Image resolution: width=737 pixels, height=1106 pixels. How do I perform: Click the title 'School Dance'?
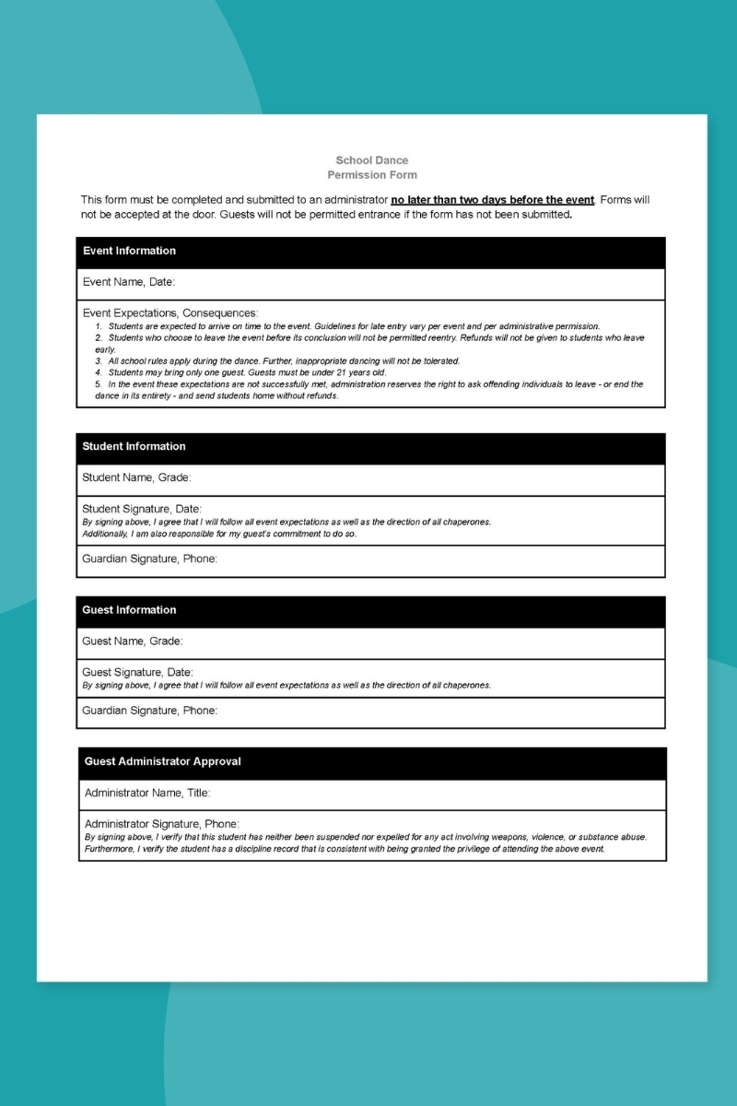point(371,160)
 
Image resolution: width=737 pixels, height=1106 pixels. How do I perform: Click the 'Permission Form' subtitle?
point(371,175)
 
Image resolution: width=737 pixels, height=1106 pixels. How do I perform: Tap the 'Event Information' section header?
point(129,251)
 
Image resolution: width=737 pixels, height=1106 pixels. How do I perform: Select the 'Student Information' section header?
point(134,446)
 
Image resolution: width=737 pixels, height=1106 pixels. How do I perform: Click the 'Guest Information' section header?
point(129,610)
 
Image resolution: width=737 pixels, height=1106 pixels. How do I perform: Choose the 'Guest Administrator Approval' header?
point(162,761)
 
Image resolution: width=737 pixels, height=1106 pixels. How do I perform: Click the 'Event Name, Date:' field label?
point(129,282)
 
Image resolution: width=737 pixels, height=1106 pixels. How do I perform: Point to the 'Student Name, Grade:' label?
point(136,477)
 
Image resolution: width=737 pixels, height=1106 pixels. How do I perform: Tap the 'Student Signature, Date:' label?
point(142,509)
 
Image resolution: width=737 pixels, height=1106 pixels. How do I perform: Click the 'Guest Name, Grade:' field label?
point(133,641)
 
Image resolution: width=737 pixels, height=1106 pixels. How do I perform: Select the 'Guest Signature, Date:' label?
point(137,672)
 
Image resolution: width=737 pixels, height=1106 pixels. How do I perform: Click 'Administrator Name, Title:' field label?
point(147,793)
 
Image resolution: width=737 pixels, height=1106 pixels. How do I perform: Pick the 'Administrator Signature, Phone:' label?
point(162,823)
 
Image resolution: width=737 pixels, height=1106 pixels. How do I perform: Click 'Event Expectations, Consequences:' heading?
point(170,313)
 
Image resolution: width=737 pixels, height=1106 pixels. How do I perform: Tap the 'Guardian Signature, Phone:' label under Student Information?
point(149,559)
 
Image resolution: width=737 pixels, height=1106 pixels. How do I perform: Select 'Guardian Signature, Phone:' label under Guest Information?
point(149,711)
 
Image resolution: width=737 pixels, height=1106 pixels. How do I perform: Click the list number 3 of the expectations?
point(98,361)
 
